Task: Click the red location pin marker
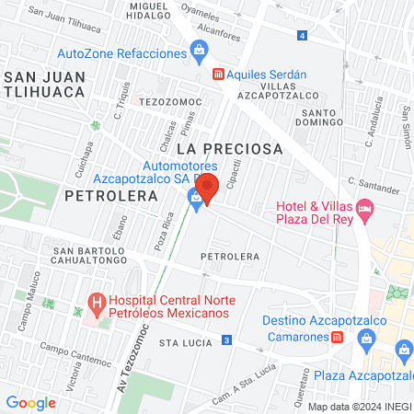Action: [207, 187]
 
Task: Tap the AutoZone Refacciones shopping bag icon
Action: [198, 52]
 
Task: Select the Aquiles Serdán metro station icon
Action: [217, 74]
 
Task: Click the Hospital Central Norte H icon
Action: [95, 302]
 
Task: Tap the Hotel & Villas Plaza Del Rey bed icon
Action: [365, 211]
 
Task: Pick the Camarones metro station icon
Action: [338, 337]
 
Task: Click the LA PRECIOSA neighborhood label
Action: [229, 147]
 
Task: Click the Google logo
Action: [30, 402]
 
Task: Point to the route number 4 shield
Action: [303, 35]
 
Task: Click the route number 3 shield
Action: [226, 341]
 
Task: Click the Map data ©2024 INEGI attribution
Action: [359, 406]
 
